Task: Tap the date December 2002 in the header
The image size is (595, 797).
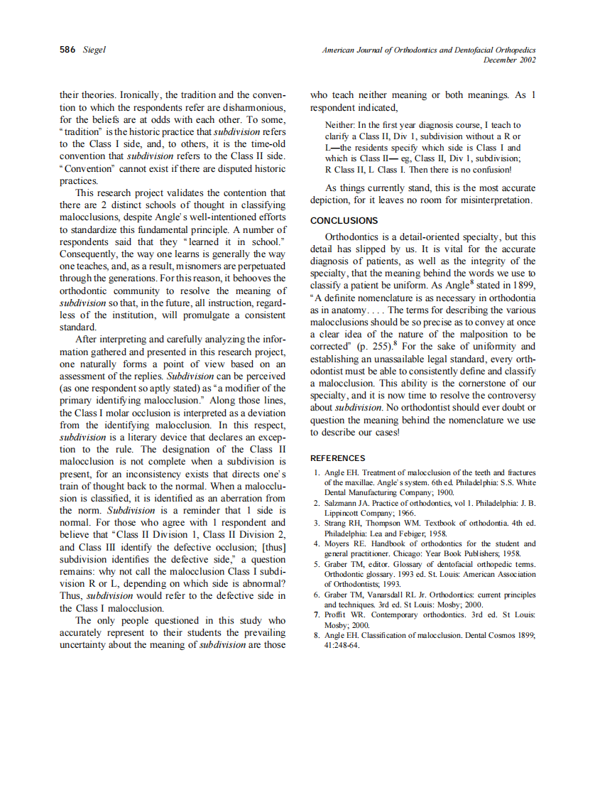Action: pyautogui.click(x=509, y=60)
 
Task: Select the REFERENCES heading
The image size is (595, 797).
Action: pyautogui.click(x=338, y=458)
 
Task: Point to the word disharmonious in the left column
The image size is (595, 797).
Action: pyautogui.click(x=253, y=107)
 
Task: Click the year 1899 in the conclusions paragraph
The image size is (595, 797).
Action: pyautogui.click(x=520, y=285)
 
